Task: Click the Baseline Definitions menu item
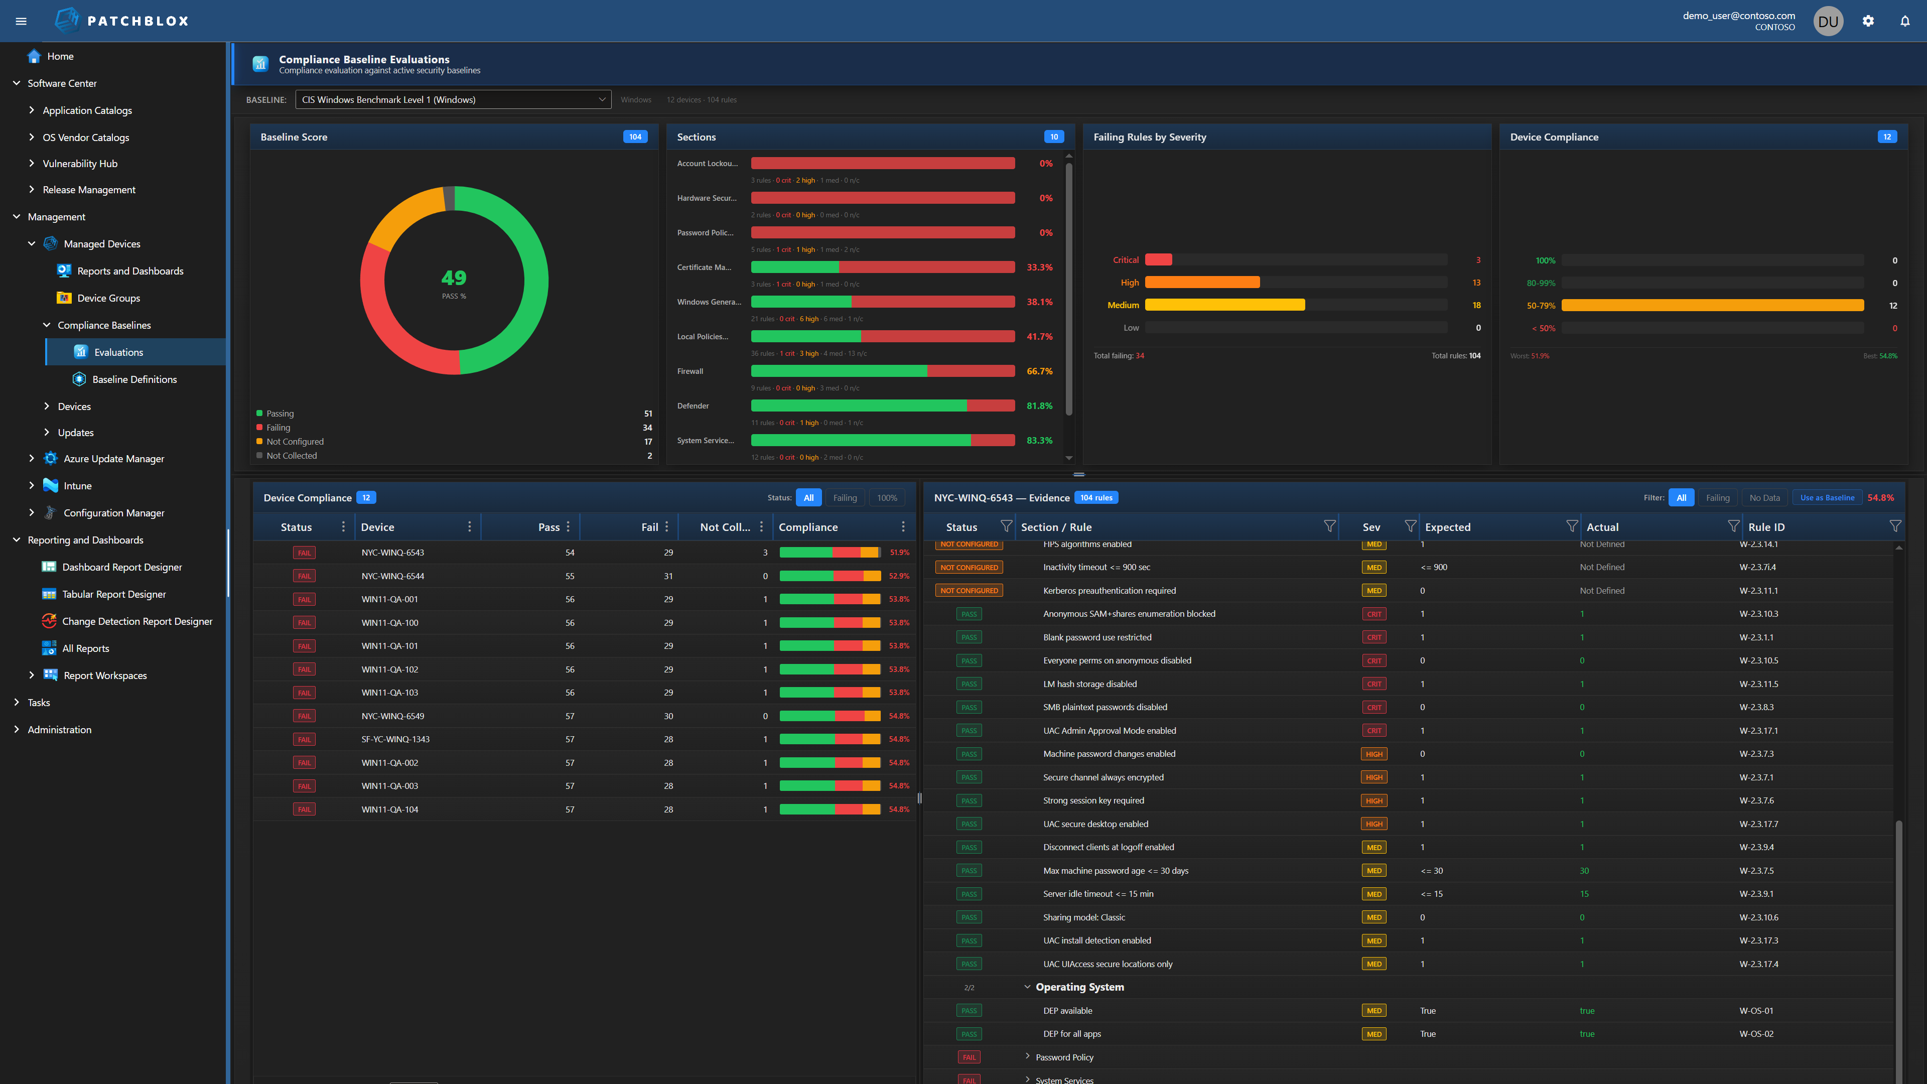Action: point(134,379)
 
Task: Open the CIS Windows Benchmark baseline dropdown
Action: point(453,99)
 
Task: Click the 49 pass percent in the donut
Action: point(453,279)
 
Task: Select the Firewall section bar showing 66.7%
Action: point(882,371)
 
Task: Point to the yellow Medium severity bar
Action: point(1224,305)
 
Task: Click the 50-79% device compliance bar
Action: point(1712,305)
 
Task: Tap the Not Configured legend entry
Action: point(295,442)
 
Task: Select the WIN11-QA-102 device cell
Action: point(390,669)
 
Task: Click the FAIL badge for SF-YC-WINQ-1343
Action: point(304,739)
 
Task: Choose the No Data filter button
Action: point(1764,497)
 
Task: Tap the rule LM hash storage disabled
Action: point(1089,684)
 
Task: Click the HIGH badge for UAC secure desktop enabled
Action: point(1373,824)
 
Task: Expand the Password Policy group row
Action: point(1027,1056)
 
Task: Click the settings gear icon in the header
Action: point(1867,21)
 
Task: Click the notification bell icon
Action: point(1904,21)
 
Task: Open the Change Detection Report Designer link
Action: point(137,621)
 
